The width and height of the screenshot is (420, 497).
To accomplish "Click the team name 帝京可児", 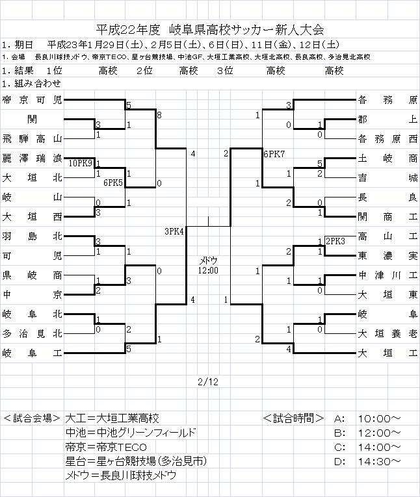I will tap(32, 100).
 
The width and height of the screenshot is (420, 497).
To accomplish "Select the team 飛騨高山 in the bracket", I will tap(32, 138).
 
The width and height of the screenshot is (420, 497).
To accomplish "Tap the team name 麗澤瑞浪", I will tap(32, 158).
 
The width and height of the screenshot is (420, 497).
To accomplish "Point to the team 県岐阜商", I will tap(32, 275).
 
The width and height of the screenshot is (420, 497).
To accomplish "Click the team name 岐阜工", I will tap(32, 353).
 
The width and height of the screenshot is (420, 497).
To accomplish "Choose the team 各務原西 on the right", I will tap(387, 138).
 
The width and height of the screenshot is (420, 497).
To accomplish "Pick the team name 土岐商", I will tap(387, 158).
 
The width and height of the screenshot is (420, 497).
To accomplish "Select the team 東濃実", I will tap(387, 255).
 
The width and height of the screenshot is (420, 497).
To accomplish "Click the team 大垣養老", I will tap(387, 334).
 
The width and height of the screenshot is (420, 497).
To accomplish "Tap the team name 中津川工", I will tap(387, 275).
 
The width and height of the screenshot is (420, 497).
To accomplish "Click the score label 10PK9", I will tap(80, 162).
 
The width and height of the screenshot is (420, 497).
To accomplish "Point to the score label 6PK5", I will tap(114, 183).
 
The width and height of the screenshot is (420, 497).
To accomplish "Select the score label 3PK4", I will tap(174, 231).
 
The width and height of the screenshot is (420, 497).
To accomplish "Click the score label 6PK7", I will tap(274, 153).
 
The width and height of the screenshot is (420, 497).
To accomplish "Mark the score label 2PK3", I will tap(335, 240).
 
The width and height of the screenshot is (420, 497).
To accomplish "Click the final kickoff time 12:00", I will tap(209, 270).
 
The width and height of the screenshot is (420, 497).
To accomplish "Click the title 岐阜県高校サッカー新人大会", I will tap(246, 29).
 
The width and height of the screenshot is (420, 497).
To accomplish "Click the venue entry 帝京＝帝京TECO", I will tap(106, 448).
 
